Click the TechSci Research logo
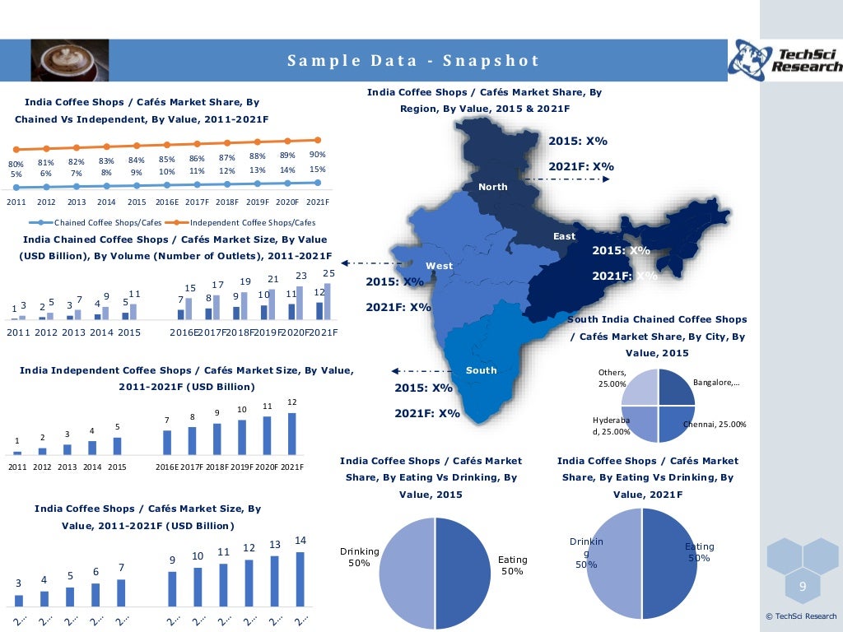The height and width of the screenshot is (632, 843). (785, 59)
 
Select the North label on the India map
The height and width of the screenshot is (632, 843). (493, 187)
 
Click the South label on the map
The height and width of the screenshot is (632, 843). (482, 370)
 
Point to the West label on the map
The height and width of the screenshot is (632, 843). (439, 266)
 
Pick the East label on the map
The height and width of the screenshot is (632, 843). (564, 236)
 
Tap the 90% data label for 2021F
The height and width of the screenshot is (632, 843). (318, 155)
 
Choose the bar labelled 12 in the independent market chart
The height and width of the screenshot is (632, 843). (291, 433)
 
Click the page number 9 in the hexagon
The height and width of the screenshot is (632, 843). (803, 586)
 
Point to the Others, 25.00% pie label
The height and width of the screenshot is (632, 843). (612, 379)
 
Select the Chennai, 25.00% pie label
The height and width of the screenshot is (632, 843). (715, 425)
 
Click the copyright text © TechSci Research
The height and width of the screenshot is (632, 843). (800, 616)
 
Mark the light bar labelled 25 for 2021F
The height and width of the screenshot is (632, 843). (328, 301)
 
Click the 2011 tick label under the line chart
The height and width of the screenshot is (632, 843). (16, 202)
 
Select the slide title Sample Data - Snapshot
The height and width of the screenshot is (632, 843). (413, 61)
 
